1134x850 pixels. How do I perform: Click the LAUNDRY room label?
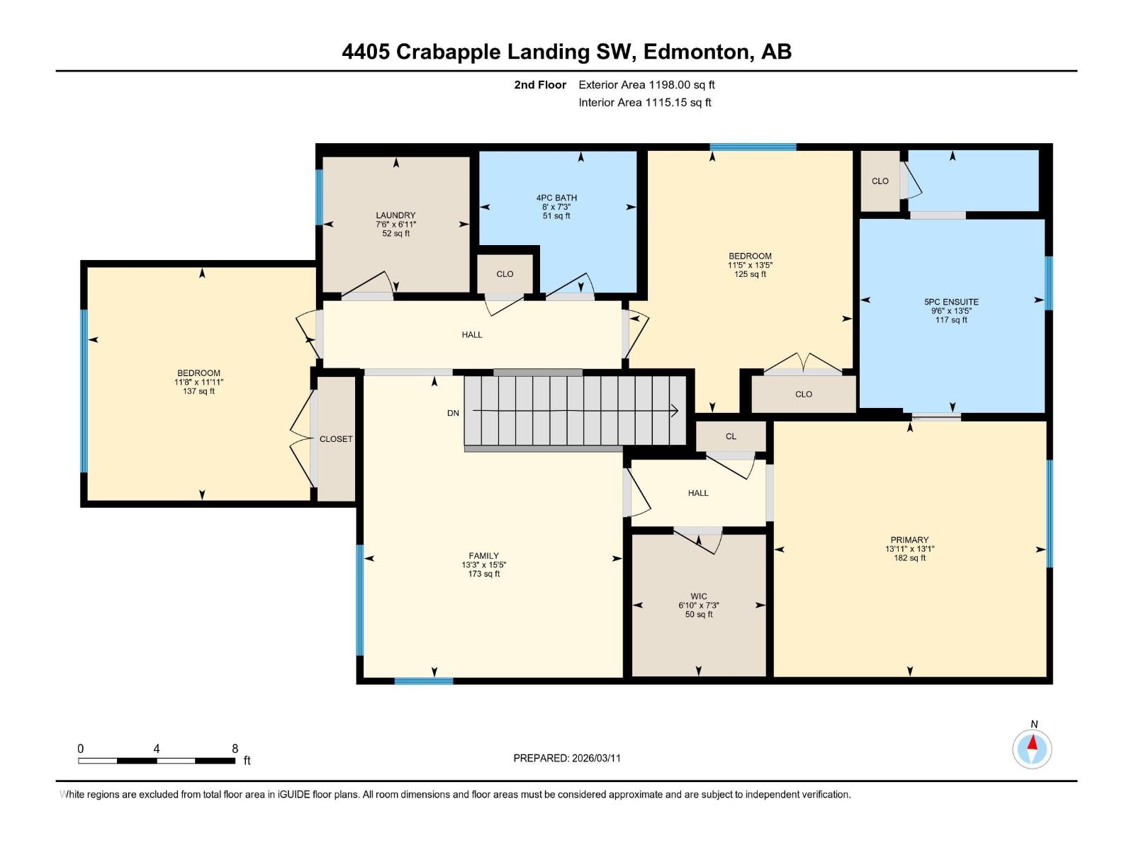395,215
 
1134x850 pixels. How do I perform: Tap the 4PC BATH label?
556,198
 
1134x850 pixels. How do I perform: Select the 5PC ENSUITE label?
951,302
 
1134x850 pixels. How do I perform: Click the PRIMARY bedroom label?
909,540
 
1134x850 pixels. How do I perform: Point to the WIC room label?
698,596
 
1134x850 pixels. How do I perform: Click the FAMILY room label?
483,556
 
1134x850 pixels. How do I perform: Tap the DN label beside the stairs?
453,413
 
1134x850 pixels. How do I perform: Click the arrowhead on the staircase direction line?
674,411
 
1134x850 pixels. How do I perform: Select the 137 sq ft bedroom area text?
198,391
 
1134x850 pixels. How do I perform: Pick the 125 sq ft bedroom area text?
750,274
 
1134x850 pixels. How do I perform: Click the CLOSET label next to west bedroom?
336,439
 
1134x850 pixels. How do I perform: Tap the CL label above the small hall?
731,436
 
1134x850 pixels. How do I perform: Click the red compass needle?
1033,743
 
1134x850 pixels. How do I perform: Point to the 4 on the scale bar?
156,749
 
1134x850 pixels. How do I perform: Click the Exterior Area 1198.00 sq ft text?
646,85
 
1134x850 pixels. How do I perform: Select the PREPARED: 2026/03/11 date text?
567,758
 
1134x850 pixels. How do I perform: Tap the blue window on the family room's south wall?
423,681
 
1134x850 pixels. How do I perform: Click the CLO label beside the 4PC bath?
505,274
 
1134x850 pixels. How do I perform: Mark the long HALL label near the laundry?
471,335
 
